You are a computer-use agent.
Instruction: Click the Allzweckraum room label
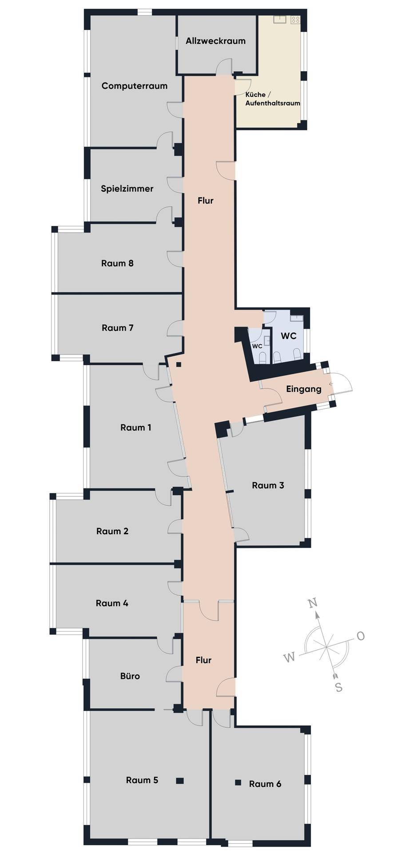(215, 41)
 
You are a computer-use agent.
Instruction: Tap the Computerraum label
(134, 86)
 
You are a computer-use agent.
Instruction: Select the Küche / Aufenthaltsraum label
(273, 99)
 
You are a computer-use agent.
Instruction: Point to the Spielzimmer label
(127, 189)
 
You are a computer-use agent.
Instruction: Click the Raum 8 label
(117, 263)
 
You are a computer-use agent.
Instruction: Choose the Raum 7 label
(117, 328)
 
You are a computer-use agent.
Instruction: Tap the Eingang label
(303, 389)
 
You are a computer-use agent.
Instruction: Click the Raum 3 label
(268, 485)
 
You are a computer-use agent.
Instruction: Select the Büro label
(130, 676)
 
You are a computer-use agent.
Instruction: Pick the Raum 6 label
(265, 784)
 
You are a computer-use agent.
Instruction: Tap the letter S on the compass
(338, 687)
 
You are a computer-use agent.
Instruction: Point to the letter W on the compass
(290, 657)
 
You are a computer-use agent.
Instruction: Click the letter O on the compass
(360, 636)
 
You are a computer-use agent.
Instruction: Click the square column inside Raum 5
(180, 780)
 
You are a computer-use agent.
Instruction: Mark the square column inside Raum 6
(238, 782)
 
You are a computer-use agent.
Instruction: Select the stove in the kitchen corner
(295, 20)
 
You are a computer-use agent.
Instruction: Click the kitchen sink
(280, 19)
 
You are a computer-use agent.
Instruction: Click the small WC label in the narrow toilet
(257, 346)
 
